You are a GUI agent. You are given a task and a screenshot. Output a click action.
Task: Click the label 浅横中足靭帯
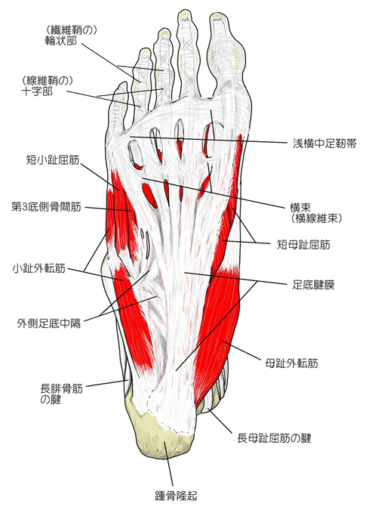324,144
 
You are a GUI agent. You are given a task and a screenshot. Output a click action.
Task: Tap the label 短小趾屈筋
53,160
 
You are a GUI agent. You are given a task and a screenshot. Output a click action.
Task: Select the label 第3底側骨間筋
46,207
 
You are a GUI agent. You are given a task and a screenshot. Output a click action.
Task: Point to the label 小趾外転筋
39,269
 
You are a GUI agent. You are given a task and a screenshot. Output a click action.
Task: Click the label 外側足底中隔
49,323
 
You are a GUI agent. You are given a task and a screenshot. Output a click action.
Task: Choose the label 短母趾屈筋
303,244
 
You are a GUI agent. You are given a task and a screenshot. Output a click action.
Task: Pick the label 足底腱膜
313,285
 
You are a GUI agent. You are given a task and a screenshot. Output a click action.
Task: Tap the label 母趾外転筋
291,363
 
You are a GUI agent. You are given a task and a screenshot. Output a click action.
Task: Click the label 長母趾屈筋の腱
274,438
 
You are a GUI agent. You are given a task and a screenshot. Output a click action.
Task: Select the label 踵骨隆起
176,496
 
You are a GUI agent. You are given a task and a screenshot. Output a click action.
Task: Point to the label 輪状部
61,41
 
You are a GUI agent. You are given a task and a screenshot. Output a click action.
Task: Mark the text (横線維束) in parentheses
316,218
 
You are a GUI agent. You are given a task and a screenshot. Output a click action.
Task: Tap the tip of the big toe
218,14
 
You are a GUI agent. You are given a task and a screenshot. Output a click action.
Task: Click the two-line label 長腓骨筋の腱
61,394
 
